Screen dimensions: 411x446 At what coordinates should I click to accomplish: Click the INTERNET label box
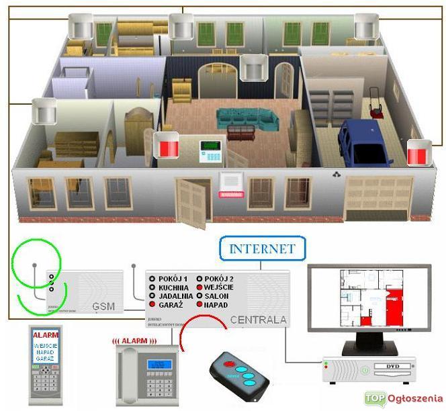click(x=262, y=248)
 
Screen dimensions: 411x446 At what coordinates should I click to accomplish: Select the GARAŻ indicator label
click(x=173, y=304)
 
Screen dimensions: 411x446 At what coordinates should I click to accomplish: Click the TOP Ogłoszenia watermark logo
click(x=403, y=398)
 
